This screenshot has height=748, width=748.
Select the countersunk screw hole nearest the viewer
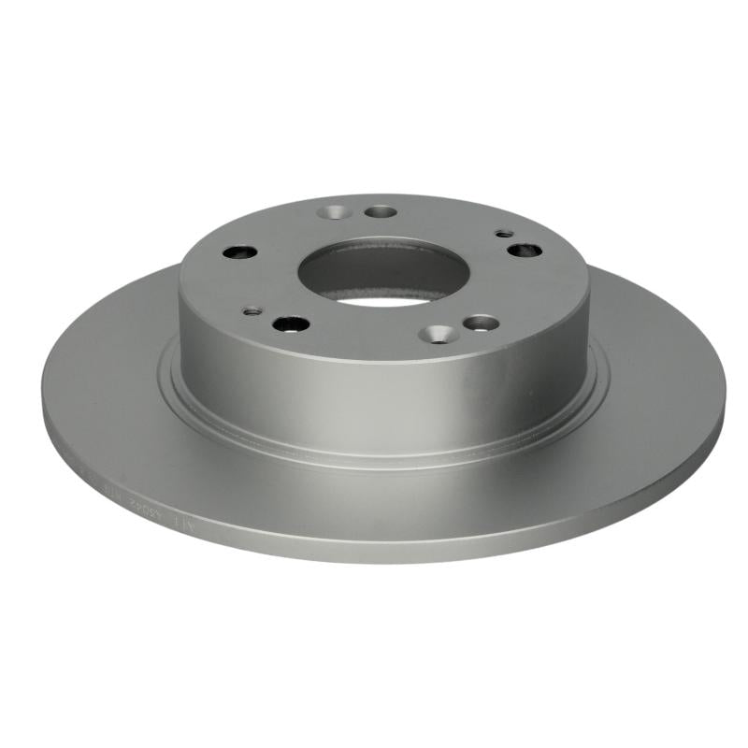438,334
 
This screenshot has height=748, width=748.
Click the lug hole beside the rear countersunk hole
381,212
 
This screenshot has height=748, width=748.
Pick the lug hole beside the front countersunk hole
481,324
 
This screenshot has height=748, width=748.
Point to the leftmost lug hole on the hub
240,252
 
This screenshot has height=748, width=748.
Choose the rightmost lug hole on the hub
523,250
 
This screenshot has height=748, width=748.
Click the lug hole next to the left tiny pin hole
290,324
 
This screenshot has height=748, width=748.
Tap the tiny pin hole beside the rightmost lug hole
504,233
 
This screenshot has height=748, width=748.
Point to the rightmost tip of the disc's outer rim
726,393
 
